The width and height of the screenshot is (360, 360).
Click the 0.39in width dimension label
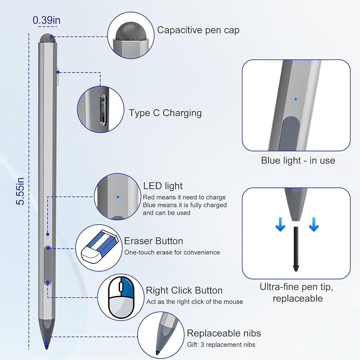[47, 20]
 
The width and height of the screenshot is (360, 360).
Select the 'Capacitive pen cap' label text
[198, 30]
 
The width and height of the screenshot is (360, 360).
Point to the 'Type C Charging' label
[165, 113]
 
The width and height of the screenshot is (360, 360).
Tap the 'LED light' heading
[163, 186]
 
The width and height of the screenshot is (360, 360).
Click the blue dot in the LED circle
[118, 197]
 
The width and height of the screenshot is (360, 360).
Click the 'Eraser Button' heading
[153, 241]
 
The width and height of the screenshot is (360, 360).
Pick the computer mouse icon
[122, 297]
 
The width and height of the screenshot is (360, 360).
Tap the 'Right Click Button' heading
[184, 290]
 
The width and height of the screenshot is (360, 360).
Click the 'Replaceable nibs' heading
[224, 333]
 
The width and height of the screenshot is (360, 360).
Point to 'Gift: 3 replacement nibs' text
[221, 344]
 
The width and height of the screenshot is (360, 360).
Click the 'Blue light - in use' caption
[298, 160]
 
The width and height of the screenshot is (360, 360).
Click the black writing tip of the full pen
[47, 345]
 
